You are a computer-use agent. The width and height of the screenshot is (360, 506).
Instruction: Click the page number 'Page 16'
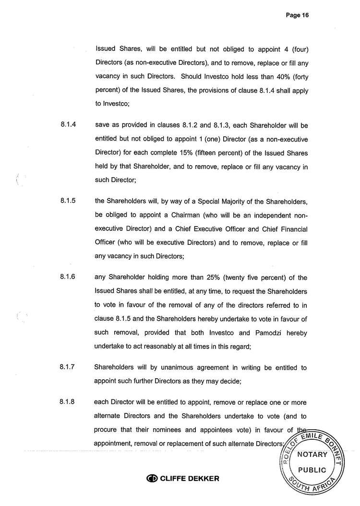tap(297, 15)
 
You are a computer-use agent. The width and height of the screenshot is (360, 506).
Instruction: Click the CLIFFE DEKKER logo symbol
tap(152, 479)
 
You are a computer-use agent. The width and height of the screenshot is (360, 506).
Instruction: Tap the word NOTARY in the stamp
tap(312, 455)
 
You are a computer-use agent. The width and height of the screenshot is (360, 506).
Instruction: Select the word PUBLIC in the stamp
tap(312, 470)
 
